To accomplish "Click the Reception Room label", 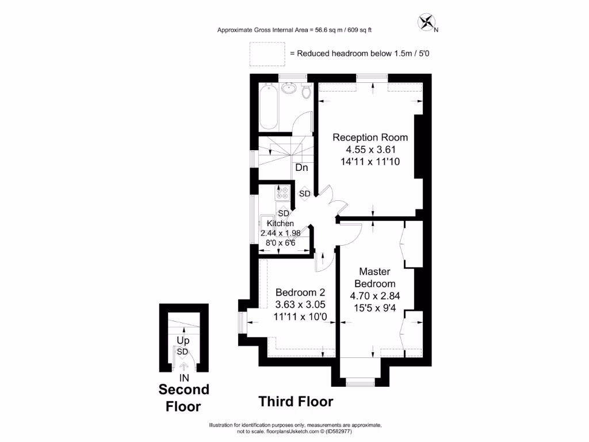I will pos(370,138).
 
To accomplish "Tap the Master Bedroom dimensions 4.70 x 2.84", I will pos(374,296).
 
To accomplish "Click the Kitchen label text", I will pos(280,223).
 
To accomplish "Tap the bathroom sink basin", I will pos(289,89).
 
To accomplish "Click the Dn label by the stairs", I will pos(301,168).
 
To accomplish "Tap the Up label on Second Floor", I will pos(182,341).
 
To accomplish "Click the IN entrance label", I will pos(184,378).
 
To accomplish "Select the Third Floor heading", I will pos(295,401).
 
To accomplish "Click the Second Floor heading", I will pos(183,398).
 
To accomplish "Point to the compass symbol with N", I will pos(428,23).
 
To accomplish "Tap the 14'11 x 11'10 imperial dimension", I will pos(370,162).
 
